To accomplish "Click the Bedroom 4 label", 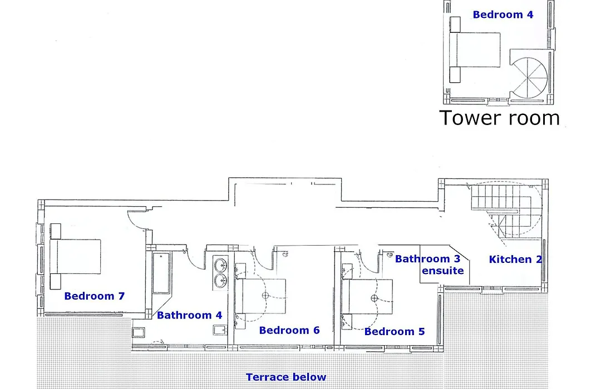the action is (503, 14).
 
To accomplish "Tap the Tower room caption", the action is (499, 118).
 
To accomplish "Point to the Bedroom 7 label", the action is (94, 296).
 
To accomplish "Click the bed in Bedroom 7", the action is (76, 257).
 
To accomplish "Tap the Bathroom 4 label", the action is (189, 315).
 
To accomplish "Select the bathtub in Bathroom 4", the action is (162, 273).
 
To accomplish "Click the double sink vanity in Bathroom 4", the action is (220, 273).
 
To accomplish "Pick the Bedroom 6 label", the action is (289, 330).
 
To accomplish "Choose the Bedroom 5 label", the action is (395, 331).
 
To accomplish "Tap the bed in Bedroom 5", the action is (367, 296).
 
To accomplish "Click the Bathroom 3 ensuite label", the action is (428, 265).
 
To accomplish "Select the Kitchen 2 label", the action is (515, 259).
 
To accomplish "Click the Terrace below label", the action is (286, 377).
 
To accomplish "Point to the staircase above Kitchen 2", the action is (506, 211).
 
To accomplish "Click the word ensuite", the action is (443, 271).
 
